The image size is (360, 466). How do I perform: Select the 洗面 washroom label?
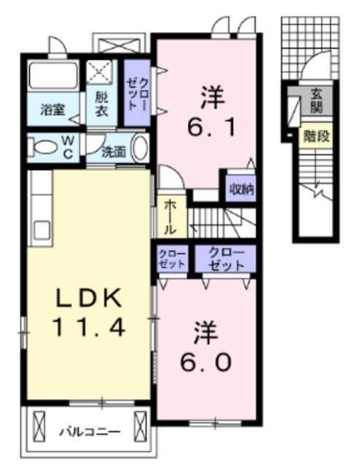click(x=114, y=152)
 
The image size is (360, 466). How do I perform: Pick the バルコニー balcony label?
click(x=89, y=431)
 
